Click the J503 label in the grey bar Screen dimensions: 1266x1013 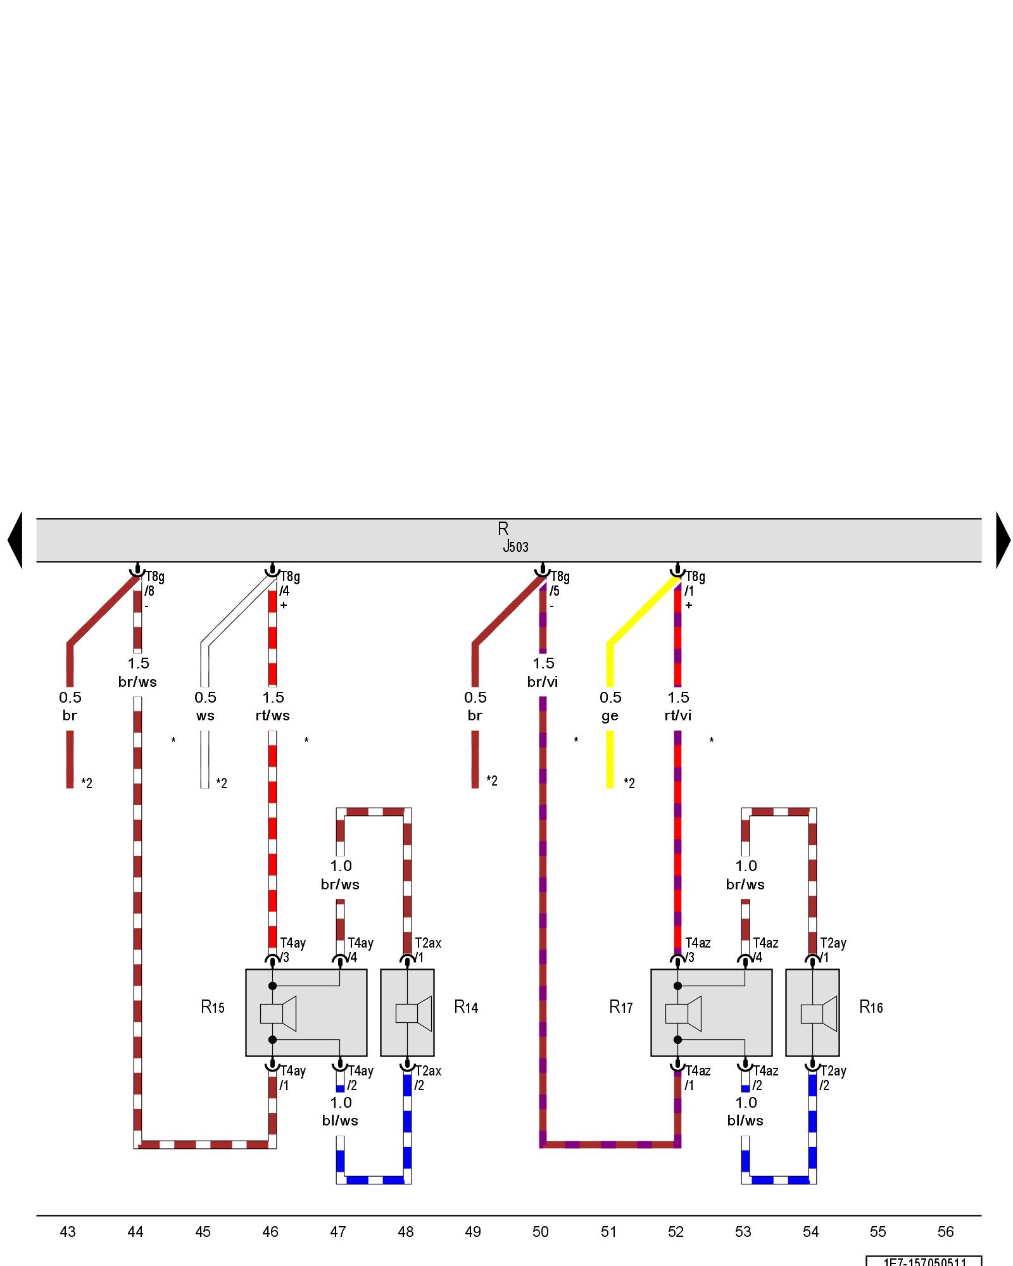[515, 547]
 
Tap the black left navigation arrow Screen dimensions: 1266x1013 [15, 540]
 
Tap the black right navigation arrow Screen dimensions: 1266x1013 [1003, 540]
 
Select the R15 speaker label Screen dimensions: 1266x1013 [213, 1007]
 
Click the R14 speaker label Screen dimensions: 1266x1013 [466, 1007]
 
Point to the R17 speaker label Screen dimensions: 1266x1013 [621, 1007]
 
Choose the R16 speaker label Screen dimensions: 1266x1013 [871, 1007]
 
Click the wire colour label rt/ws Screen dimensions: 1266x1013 [273, 715]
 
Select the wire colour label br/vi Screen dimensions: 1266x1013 [543, 682]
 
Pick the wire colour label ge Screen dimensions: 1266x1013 [610, 715]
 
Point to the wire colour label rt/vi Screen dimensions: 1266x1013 [678, 715]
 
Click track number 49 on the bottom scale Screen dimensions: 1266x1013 [473, 1232]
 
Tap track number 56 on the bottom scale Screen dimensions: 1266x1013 [945, 1232]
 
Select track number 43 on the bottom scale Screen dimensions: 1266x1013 [68, 1232]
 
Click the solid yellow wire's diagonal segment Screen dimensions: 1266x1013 [643, 611]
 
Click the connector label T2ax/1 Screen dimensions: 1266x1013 [427, 950]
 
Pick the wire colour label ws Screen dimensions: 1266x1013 [205, 715]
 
